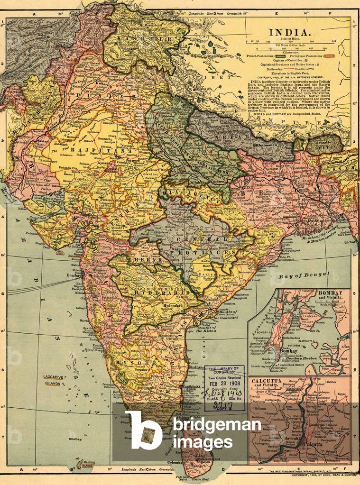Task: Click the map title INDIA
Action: click(290, 32)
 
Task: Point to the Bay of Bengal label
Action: click(296, 276)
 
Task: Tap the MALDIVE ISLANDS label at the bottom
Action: click(86, 464)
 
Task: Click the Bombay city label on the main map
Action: click(72, 275)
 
